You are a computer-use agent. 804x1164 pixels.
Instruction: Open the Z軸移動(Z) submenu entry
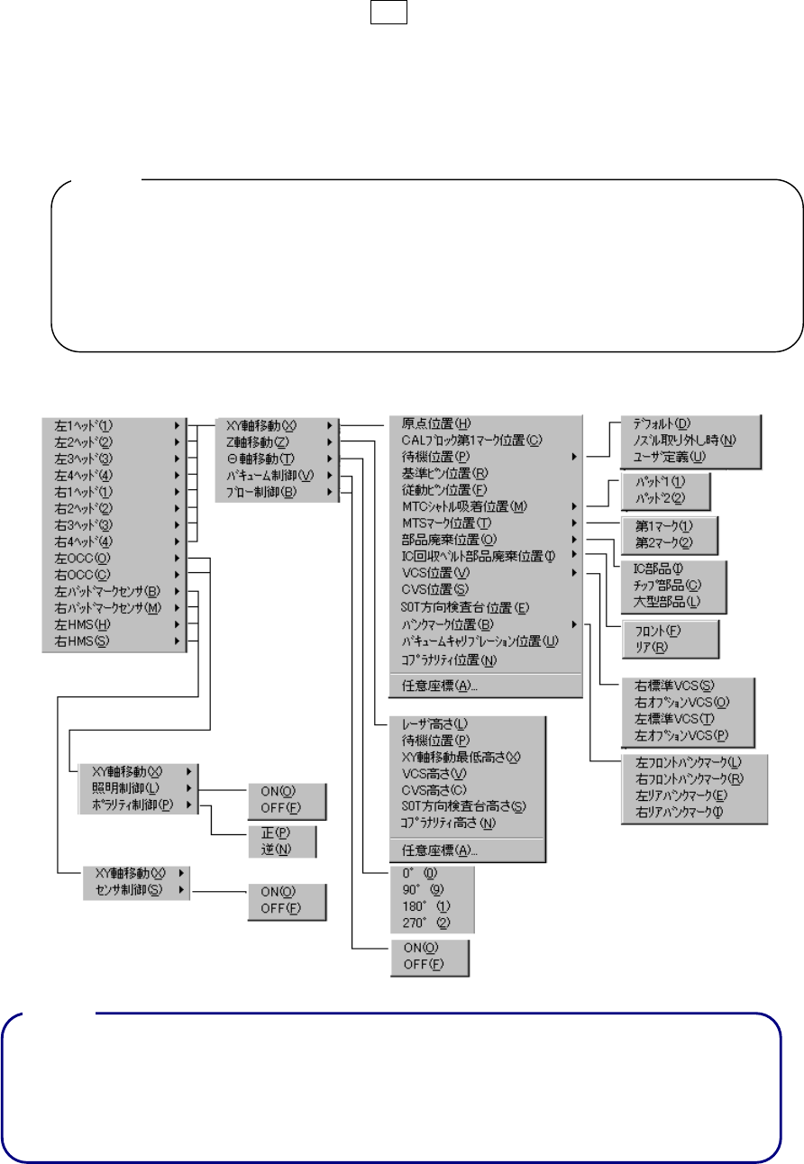258,441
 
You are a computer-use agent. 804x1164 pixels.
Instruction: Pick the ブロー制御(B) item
261,491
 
